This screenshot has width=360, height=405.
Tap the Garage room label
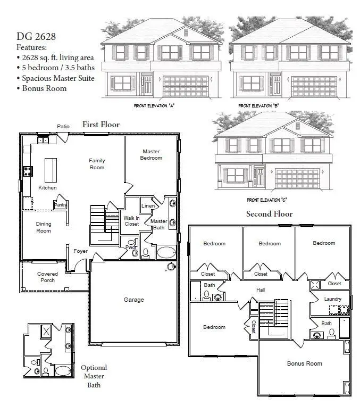click(134, 300)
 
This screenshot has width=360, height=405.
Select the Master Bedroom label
click(151, 154)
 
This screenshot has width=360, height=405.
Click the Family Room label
click(97, 164)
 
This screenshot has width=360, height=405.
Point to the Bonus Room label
click(304, 363)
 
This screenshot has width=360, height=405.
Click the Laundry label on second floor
click(333, 299)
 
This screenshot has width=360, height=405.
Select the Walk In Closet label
click(131, 221)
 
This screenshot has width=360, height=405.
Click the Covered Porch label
click(47, 277)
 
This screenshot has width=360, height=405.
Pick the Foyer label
click(80, 251)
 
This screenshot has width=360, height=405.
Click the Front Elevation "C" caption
click(267, 200)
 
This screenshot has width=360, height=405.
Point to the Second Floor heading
click(269, 214)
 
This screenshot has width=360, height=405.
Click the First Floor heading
click(101, 125)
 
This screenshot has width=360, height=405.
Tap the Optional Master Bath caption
click(94, 376)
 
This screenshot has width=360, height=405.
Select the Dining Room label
click(44, 227)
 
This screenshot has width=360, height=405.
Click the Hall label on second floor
click(261, 290)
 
